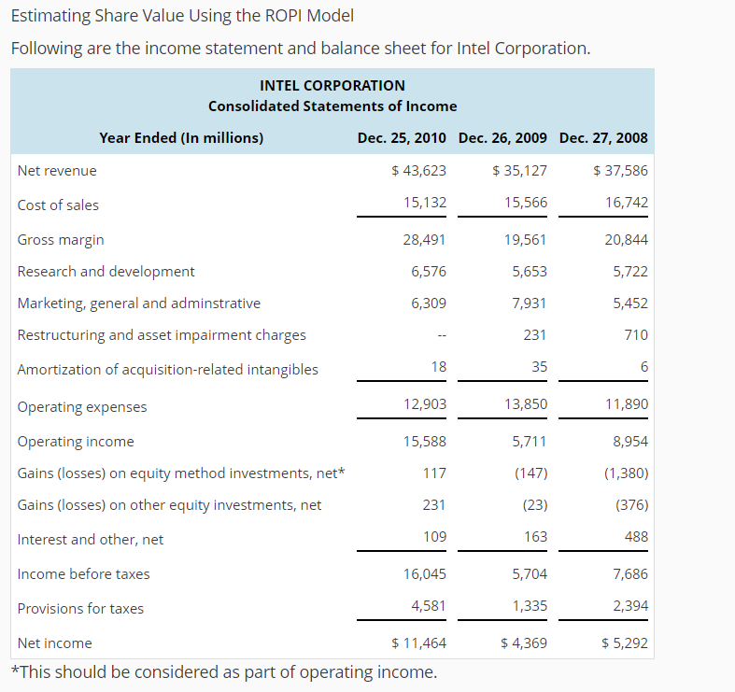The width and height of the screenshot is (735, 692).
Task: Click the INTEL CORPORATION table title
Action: (x=332, y=85)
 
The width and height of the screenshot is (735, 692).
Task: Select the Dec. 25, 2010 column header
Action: (x=402, y=137)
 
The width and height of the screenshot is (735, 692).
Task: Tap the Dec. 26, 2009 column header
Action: (x=502, y=137)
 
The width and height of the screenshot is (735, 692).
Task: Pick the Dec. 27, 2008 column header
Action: (x=603, y=137)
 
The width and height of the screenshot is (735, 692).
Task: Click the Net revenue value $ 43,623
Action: (x=418, y=170)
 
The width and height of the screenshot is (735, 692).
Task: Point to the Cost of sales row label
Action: (x=58, y=205)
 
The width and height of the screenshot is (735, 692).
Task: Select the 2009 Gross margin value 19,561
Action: (x=525, y=239)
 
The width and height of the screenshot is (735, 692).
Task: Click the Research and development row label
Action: (x=106, y=271)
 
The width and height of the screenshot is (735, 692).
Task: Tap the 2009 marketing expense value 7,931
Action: (x=530, y=303)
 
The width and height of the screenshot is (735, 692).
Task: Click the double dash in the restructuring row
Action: (x=440, y=335)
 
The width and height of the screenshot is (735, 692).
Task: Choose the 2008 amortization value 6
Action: (x=643, y=368)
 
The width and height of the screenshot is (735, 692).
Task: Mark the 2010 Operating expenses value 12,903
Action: (x=424, y=403)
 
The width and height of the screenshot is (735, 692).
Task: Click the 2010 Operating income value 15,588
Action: (x=424, y=441)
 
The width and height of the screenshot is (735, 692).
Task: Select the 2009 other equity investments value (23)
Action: (x=530, y=504)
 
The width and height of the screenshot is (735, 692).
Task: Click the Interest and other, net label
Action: (x=91, y=539)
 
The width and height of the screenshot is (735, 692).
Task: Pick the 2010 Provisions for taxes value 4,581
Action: (x=429, y=605)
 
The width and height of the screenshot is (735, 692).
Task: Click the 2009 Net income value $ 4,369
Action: (x=524, y=643)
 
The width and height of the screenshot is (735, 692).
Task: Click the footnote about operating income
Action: (x=223, y=671)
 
